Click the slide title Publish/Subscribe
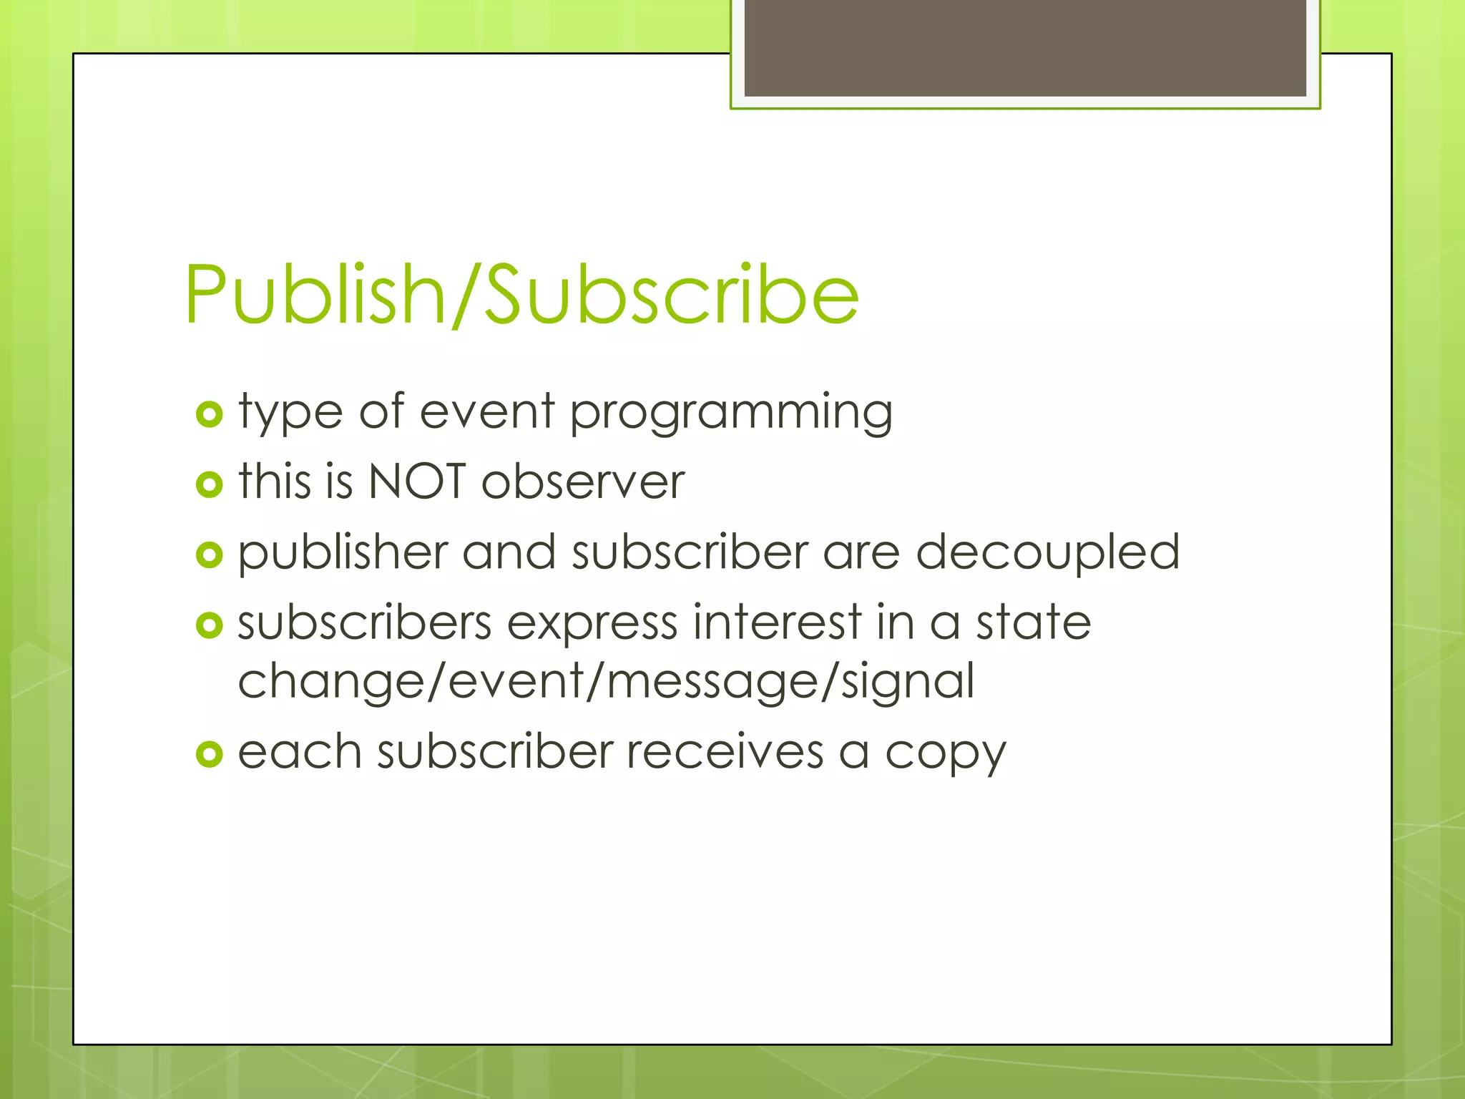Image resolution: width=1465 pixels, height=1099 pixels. click(521, 295)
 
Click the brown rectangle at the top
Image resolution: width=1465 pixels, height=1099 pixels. click(1025, 47)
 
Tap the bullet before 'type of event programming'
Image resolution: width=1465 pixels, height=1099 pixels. click(209, 414)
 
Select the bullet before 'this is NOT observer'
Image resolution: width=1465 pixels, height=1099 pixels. click(209, 484)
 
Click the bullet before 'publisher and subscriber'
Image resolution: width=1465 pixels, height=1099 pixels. click(209, 555)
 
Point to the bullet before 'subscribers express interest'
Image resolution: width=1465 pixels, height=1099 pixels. click(209, 625)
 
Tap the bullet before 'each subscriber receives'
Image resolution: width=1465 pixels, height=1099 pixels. click(209, 753)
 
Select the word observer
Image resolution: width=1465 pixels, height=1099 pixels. click(583, 481)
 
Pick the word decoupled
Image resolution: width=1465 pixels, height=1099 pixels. click(1048, 552)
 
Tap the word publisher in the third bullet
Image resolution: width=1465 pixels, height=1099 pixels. click(343, 552)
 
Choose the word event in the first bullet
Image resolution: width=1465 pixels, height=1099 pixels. click(487, 412)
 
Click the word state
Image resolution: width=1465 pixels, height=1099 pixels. click(1034, 622)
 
